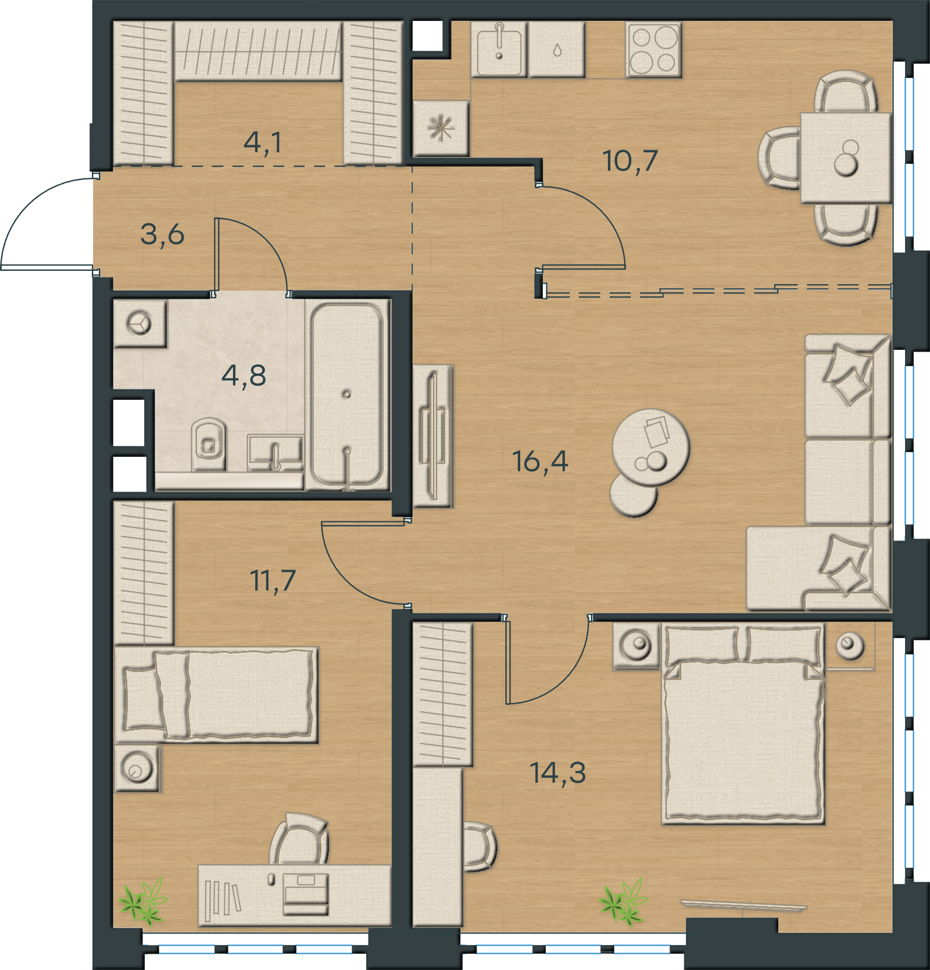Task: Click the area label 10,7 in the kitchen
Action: pyautogui.click(x=630, y=160)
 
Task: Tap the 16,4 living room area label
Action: pyautogui.click(x=540, y=461)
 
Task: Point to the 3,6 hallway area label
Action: pyautogui.click(x=162, y=234)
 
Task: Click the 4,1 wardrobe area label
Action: pyautogui.click(x=263, y=142)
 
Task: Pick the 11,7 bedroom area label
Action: pyautogui.click(x=273, y=580)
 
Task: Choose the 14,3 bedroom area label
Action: pyautogui.click(x=557, y=772)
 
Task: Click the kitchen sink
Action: pyautogui.click(x=499, y=49)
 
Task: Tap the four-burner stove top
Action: pyautogui.click(x=653, y=50)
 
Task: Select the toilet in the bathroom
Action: pyautogui.click(x=209, y=443)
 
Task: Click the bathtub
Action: pyautogui.click(x=347, y=396)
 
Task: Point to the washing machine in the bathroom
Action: pyautogui.click(x=140, y=323)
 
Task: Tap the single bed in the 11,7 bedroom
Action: pyautogui.click(x=217, y=695)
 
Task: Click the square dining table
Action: pyautogui.click(x=846, y=158)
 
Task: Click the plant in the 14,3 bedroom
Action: pyautogui.click(x=623, y=902)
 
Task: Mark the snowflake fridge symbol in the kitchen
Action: pyautogui.click(x=441, y=128)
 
